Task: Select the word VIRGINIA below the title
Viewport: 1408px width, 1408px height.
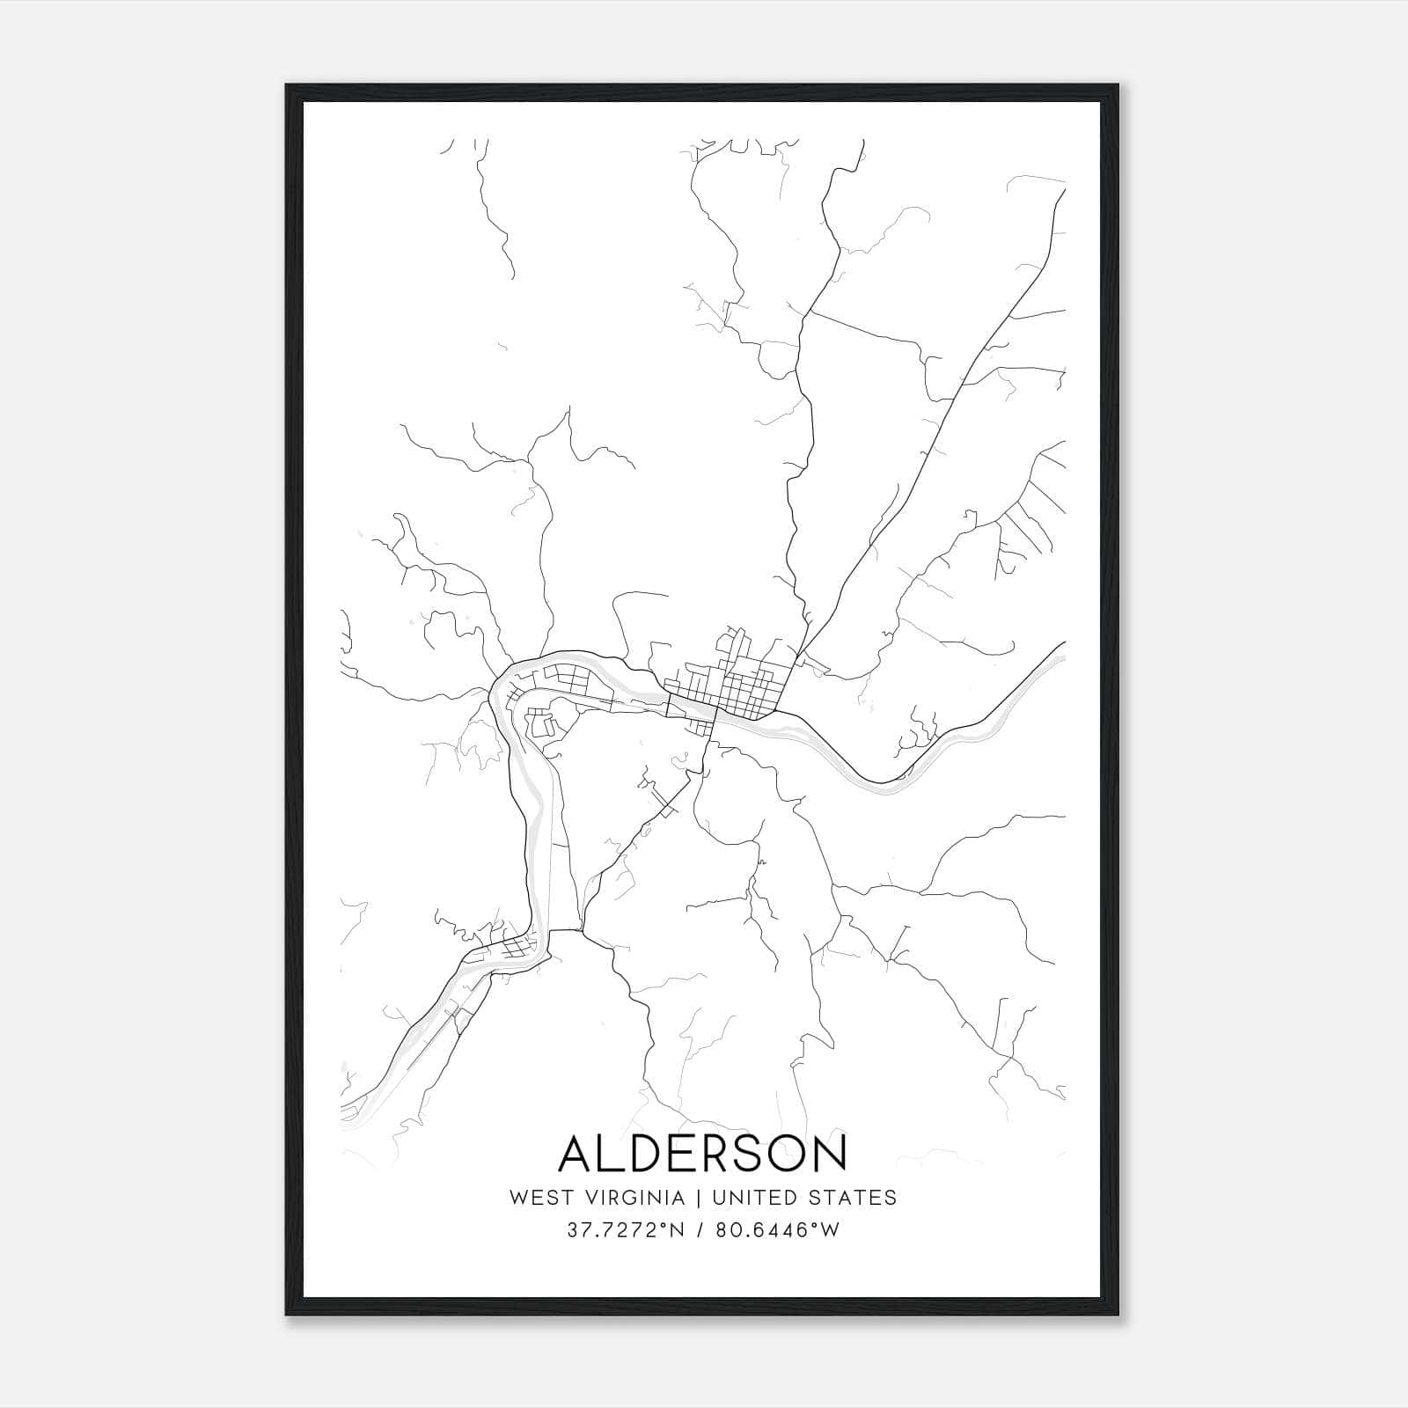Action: [632, 1198]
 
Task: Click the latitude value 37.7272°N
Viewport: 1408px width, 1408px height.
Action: [626, 1230]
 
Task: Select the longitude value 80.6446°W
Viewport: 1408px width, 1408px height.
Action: [775, 1230]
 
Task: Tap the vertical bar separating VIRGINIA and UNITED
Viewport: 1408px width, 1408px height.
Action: [699, 1198]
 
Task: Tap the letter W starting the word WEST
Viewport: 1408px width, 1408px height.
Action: [517, 1198]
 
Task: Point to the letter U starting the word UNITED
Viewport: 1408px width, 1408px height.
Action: [718, 1198]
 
